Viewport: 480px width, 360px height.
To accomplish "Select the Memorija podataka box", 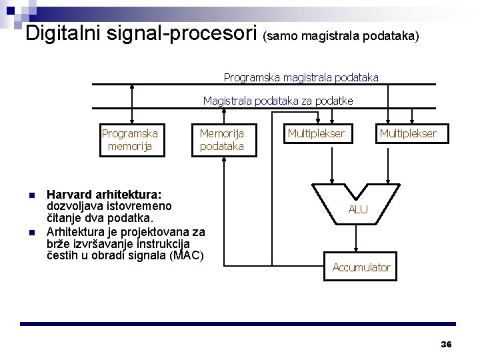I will pos(222,140).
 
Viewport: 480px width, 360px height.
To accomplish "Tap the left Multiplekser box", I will pos(316,134).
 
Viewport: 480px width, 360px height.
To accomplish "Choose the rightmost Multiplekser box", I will pos(408,134).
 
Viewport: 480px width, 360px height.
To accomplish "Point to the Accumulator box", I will pos(361,267).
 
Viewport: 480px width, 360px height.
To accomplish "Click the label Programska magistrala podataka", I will pos(301,77).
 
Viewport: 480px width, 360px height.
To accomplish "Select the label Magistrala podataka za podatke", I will pos(278,101).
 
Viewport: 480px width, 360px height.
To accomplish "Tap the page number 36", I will pos(446,344).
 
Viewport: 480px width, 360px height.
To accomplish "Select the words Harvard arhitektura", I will pos(103,195).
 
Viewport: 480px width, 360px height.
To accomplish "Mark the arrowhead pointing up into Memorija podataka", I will pos(225,161).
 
